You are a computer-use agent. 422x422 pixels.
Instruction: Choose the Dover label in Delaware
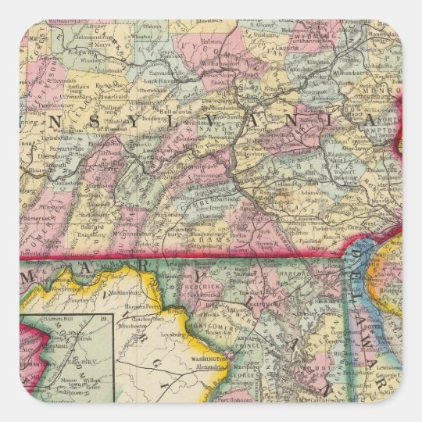[x=374, y=327]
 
